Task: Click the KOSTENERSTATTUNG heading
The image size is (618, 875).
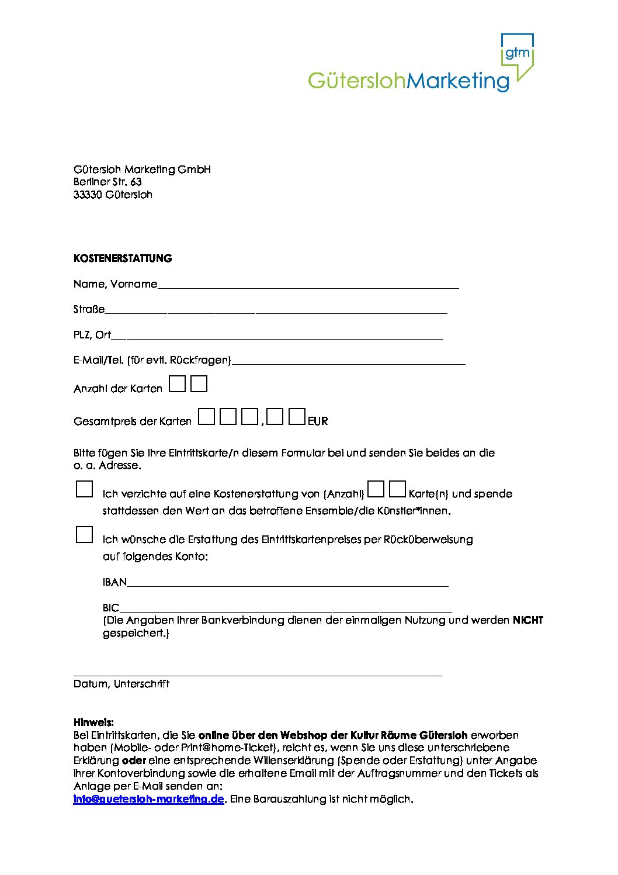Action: (123, 258)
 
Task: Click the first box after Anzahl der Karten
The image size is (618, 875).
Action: (177, 384)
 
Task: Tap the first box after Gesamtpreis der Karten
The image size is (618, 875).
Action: (206, 417)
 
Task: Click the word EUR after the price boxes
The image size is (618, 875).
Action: (318, 421)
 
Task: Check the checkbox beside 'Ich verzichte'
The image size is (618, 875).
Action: (85, 489)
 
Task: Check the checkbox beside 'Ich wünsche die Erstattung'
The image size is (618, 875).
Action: (85, 535)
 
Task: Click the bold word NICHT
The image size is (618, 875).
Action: (528, 620)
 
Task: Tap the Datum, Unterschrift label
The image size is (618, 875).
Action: (121, 684)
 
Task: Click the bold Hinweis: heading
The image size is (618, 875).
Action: (93, 722)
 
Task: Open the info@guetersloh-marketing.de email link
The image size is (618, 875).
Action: (148, 799)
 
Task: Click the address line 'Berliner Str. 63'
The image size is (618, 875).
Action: (107, 182)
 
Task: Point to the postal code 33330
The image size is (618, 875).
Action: (88, 195)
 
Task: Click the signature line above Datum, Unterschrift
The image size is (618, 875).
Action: (258, 675)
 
